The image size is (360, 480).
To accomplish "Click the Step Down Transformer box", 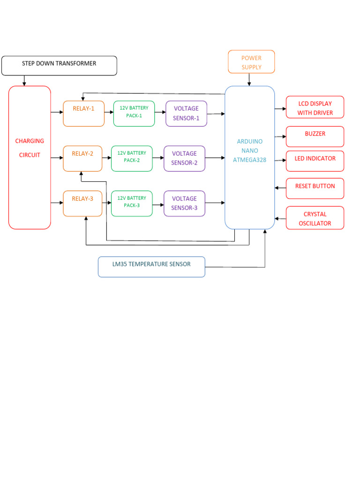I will (x=59, y=66).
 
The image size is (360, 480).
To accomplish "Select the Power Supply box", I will (x=251, y=62).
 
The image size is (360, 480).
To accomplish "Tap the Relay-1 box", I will (x=84, y=113).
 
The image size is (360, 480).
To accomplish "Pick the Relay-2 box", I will (x=82, y=158).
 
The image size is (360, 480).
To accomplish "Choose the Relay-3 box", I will (x=82, y=203).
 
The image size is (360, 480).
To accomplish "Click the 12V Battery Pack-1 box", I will (x=134, y=113).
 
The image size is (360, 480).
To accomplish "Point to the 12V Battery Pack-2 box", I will (x=132, y=158).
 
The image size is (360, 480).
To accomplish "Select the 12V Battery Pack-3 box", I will (x=132, y=203).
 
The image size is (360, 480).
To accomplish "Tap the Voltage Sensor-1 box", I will (x=186, y=113).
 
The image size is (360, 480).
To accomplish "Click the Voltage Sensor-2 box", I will (x=184, y=158).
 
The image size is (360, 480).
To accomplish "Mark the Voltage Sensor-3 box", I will (x=184, y=203).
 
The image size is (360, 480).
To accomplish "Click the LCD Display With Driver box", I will (x=315, y=107).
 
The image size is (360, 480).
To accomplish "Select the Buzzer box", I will (x=315, y=136).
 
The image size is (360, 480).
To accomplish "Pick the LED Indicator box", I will (x=315, y=161).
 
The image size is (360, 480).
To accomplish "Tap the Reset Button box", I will (x=315, y=188).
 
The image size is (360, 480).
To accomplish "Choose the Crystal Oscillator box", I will (x=315, y=218).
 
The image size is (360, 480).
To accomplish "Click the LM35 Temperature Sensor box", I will (x=151, y=267).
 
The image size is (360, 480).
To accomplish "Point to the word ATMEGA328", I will (x=250, y=159).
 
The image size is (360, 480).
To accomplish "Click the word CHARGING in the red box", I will (x=30, y=141).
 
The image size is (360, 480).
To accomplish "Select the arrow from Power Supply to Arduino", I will (x=249, y=80).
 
